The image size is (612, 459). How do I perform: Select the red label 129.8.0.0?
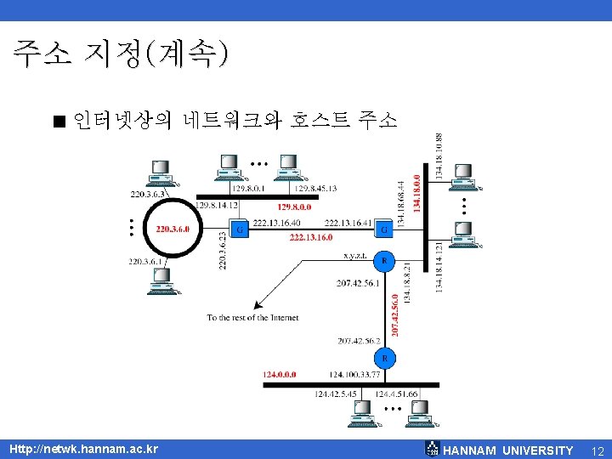295,206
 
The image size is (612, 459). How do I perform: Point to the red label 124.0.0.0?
280,373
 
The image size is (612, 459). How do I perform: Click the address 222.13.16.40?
277,222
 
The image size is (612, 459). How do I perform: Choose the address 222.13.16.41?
348,222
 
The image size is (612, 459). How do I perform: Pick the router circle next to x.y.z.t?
384,261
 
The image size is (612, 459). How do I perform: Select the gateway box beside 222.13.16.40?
241,229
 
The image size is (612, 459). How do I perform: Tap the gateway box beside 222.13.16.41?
384,229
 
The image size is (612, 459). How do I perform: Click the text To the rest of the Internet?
252,318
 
